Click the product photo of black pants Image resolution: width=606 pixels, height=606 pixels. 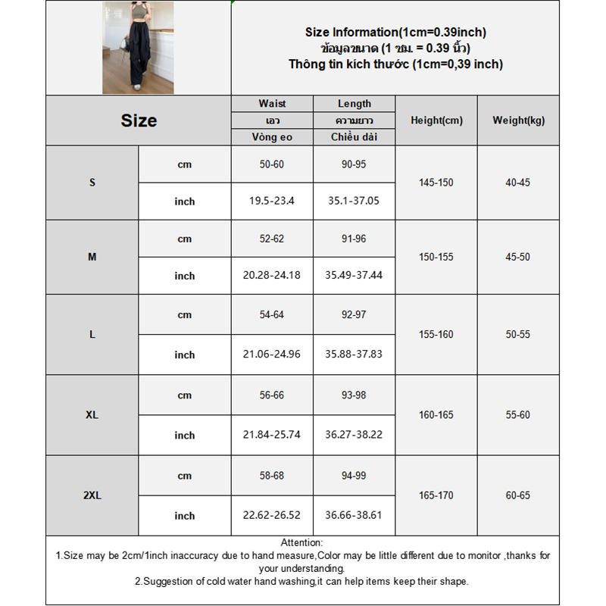click(x=138, y=48)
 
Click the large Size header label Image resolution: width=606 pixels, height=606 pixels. click(x=139, y=120)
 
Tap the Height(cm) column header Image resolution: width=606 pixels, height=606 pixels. click(x=436, y=120)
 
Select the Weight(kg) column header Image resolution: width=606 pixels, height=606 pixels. click(x=518, y=120)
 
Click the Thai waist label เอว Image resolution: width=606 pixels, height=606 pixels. click(x=272, y=120)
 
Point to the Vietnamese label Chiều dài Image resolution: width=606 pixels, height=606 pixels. click(x=354, y=137)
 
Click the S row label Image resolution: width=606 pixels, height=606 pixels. click(x=92, y=183)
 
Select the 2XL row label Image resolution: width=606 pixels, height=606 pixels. click(x=92, y=495)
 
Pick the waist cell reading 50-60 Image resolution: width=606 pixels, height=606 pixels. click(x=272, y=164)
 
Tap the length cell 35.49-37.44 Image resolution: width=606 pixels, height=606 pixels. click(x=354, y=275)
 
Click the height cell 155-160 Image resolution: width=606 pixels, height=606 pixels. click(x=436, y=333)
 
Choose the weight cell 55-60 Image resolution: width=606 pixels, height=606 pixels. click(x=518, y=415)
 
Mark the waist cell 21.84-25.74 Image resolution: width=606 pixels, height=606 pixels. click(x=272, y=435)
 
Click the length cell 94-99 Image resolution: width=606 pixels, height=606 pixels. click(x=354, y=476)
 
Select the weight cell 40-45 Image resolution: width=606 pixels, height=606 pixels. click(x=518, y=183)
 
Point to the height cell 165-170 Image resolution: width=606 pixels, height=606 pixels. click(x=436, y=495)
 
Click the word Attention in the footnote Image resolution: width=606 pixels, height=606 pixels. click(x=301, y=542)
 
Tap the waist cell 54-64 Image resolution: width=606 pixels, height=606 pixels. click(x=272, y=314)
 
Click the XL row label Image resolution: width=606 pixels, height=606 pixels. click(x=92, y=415)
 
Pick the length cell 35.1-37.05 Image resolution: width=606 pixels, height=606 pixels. click(x=354, y=201)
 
